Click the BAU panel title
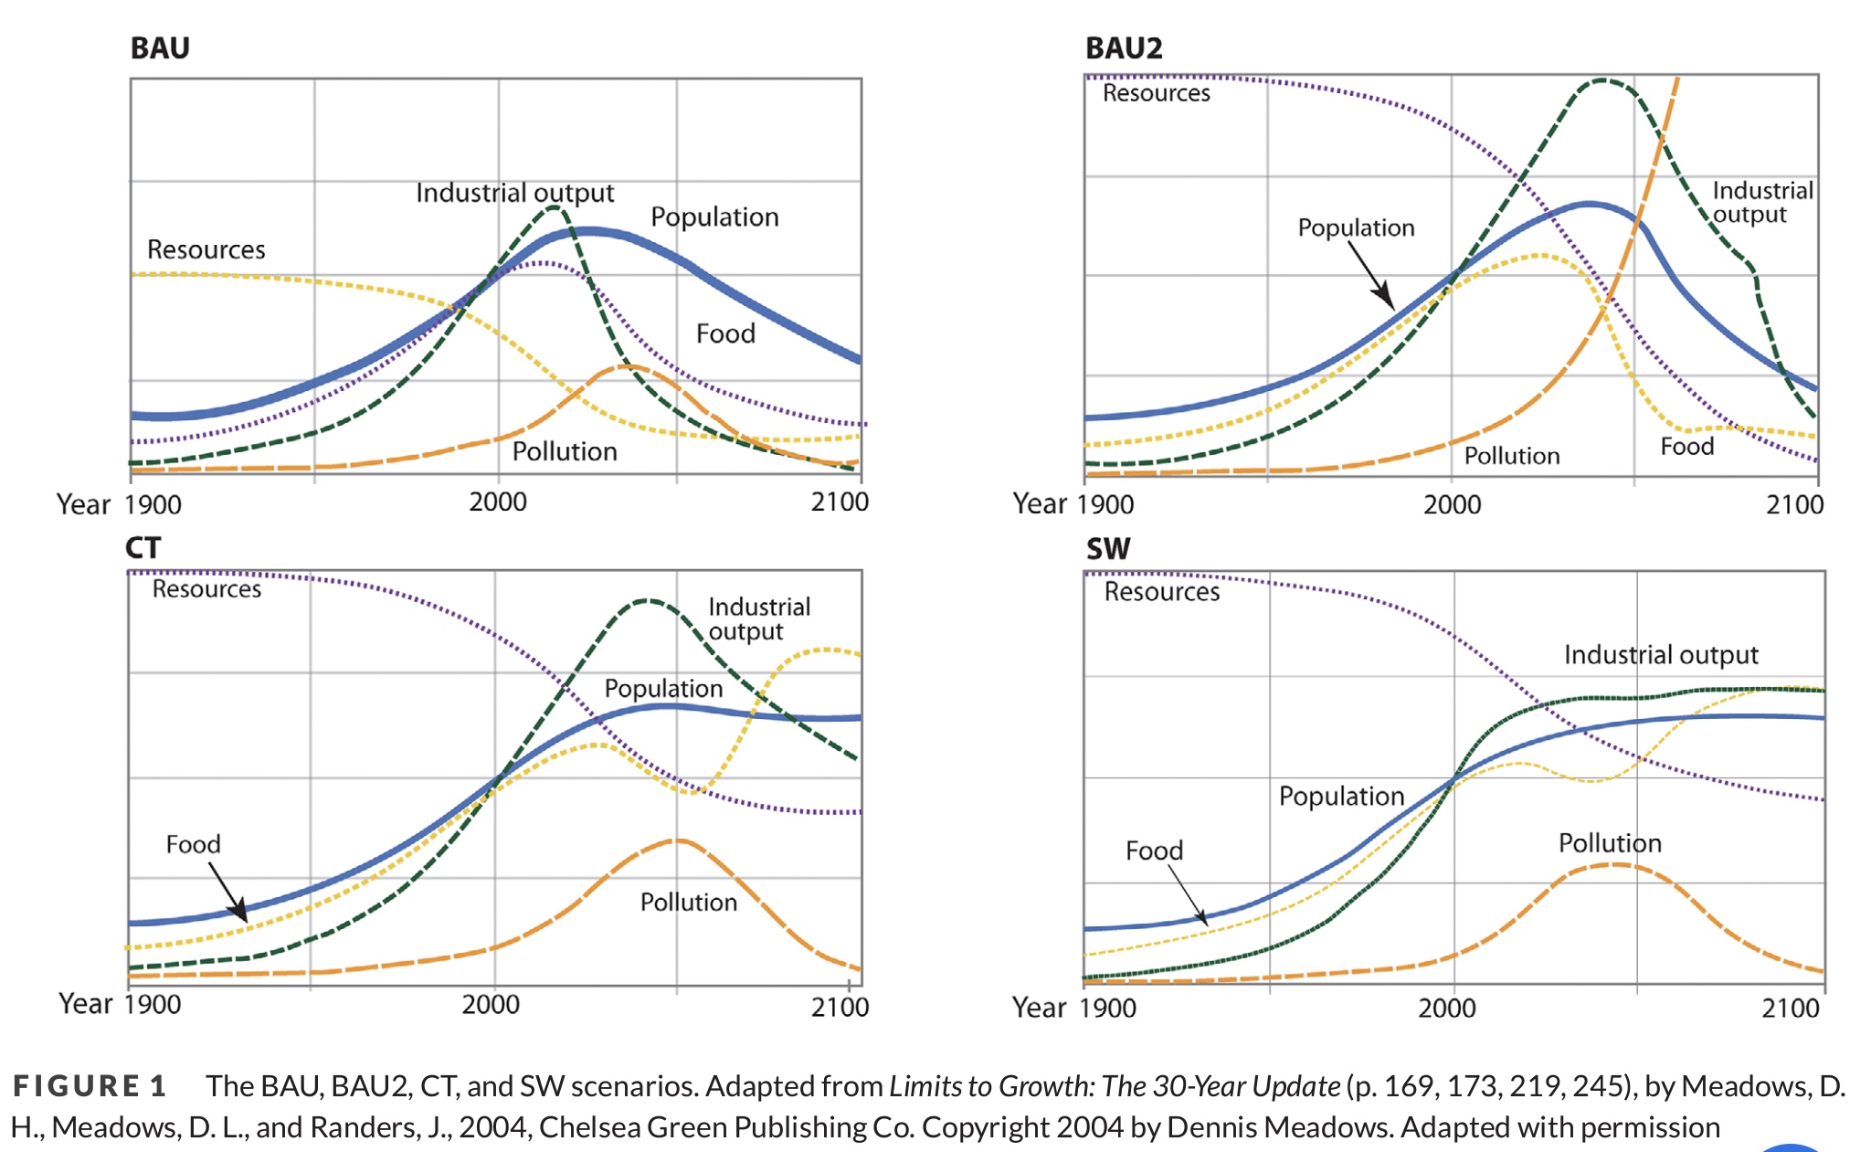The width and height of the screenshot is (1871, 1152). click(160, 48)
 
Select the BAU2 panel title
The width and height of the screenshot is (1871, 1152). click(1124, 48)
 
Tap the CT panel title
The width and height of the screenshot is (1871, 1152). click(143, 547)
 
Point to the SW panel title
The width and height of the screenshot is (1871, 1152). click(1108, 548)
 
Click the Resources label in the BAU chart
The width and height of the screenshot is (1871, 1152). click(206, 249)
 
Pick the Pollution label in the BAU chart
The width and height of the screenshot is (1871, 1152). click(565, 451)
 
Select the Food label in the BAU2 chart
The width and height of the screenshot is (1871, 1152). click(1686, 446)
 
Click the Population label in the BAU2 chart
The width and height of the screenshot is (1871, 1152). click(1356, 227)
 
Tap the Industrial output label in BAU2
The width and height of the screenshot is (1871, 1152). click(1762, 202)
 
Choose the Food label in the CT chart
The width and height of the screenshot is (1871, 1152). click(193, 844)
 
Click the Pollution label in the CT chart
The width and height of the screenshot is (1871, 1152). click(688, 903)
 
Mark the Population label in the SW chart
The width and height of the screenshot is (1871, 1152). click(1341, 797)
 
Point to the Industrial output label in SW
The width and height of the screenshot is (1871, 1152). click(1661, 655)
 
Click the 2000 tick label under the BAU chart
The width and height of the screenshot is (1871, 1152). click(498, 502)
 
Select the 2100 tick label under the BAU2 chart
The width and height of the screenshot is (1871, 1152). click(1794, 504)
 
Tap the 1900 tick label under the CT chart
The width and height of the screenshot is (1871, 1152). click(153, 1004)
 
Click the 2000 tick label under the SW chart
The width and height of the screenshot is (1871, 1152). click(1446, 1009)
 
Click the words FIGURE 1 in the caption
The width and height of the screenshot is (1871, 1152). click(90, 1086)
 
